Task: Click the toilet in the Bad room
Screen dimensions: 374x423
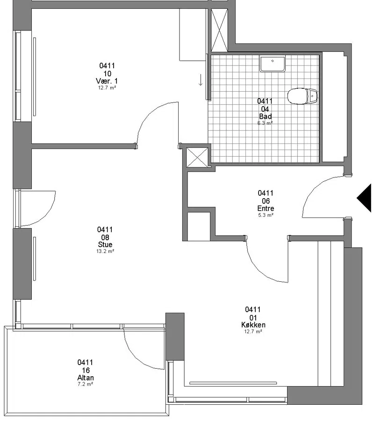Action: (302, 96)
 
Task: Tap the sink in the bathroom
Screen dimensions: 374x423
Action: (272, 64)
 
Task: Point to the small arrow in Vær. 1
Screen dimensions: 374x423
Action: (201, 80)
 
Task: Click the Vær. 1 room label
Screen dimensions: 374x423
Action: (107, 81)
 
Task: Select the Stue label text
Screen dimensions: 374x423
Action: (105, 244)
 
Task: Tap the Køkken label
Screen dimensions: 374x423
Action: (253, 325)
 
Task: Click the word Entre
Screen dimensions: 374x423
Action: (266, 208)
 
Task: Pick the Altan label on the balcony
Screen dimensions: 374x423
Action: (86, 378)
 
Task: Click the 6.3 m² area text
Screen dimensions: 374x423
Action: (265, 123)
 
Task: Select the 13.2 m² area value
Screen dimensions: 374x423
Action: (105, 251)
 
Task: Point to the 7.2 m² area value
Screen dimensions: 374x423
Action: (86, 384)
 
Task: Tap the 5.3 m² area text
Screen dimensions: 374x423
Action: (266, 215)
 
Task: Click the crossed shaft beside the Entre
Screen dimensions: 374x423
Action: (197, 157)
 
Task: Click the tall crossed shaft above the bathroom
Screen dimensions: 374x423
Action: (219, 30)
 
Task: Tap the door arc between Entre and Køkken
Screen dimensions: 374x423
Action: (259, 272)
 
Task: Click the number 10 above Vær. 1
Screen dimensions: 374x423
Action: (107, 73)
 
